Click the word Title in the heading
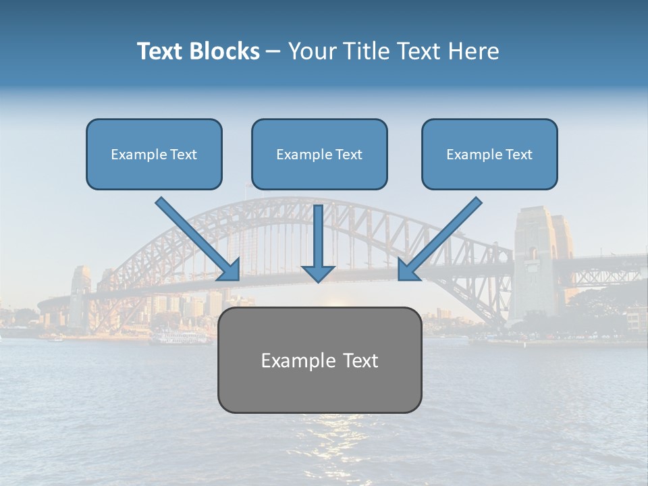point(362,51)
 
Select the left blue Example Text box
point(154,155)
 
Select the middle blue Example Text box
point(319,155)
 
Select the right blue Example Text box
point(489,155)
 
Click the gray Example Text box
point(319,360)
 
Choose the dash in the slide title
point(273,51)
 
